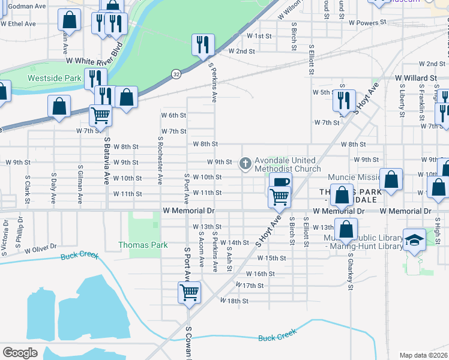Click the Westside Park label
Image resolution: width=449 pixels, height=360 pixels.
54,78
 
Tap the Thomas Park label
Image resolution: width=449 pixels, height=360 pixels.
143,245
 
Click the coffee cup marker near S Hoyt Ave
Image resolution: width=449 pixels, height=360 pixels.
280,182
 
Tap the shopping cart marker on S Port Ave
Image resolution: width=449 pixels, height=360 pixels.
189,293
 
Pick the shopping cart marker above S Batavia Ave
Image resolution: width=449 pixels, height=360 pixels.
100,114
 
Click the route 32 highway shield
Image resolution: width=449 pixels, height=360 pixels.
176,73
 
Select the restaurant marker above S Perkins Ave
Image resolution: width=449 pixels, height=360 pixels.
203,44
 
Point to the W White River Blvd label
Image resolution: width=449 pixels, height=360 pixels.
94,53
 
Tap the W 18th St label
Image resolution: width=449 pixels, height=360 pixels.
234,301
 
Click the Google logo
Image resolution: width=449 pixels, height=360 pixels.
20,353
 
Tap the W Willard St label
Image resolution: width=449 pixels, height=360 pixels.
415,78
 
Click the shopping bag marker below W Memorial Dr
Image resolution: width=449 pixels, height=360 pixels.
346,228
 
